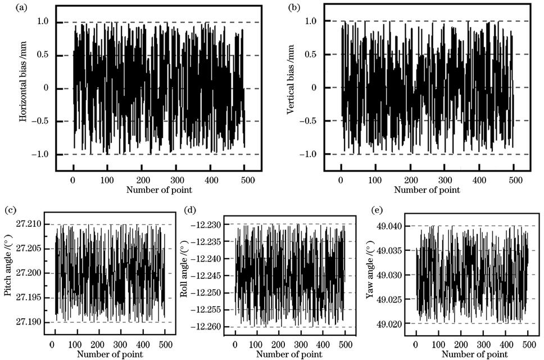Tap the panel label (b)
point(293,8)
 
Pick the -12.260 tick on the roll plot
point(211,327)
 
